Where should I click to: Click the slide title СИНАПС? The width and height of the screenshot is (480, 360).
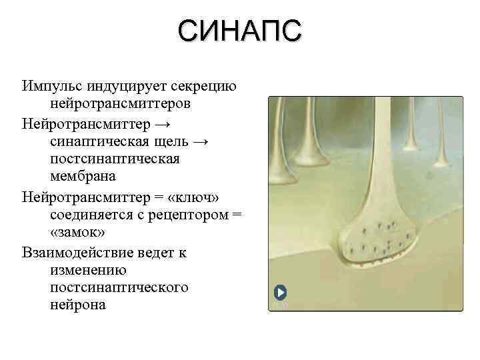pos(240,31)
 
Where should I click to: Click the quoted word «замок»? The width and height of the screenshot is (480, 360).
pos(77,233)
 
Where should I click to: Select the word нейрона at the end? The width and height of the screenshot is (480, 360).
pos(77,305)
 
